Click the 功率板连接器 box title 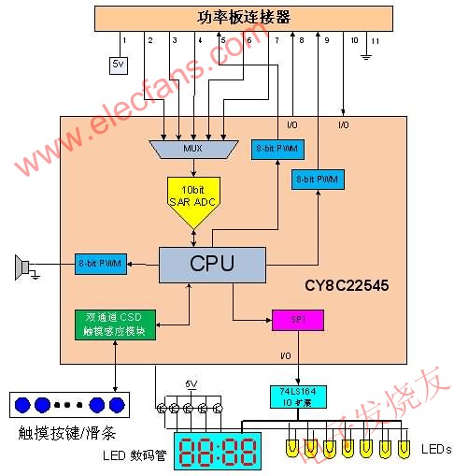[x=245, y=17]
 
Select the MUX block [x=192, y=148]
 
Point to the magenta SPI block [x=296, y=320]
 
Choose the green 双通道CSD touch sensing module [x=117, y=324]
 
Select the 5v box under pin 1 [x=118, y=65]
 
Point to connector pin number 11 [x=376, y=41]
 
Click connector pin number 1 [x=123, y=41]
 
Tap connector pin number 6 [x=249, y=41]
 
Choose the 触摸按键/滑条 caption [x=67, y=433]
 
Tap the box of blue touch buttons [x=66, y=404]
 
